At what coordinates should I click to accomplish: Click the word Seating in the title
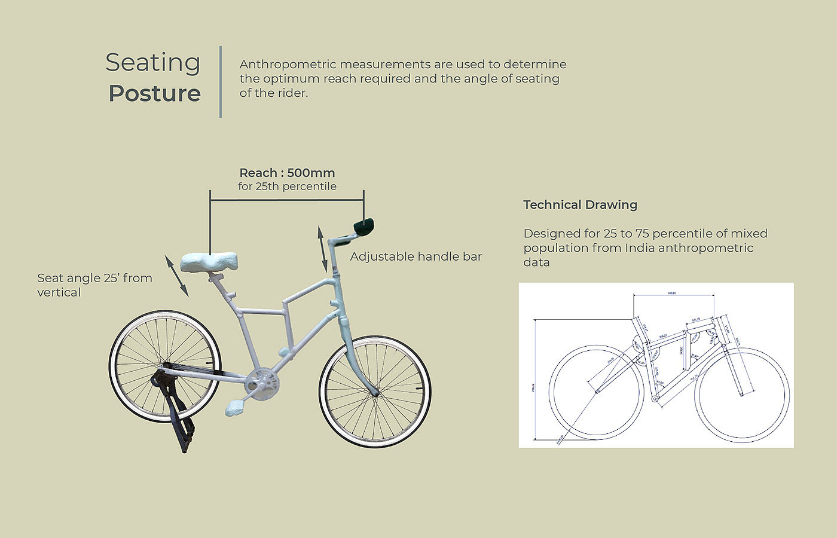[x=153, y=63]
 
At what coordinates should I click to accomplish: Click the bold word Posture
[x=154, y=93]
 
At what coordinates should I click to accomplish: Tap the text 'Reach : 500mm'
[x=287, y=173]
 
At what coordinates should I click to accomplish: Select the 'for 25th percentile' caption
[x=287, y=187]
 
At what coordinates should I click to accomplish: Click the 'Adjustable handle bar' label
[x=416, y=256]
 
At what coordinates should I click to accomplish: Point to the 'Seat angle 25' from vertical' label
[x=94, y=285]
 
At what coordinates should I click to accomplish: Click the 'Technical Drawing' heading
[x=580, y=205]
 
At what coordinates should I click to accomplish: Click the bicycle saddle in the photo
[x=209, y=262]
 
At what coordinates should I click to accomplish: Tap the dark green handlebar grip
[x=363, y=225]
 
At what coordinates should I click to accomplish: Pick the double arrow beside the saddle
[x=177, y=275]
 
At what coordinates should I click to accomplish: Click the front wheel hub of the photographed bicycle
[x=375, y=392]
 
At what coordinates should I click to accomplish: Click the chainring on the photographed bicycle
[x=262, y=382]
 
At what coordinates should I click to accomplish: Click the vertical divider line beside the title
[x=221, y=81]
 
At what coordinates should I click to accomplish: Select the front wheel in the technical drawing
[x=742, y=395]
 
